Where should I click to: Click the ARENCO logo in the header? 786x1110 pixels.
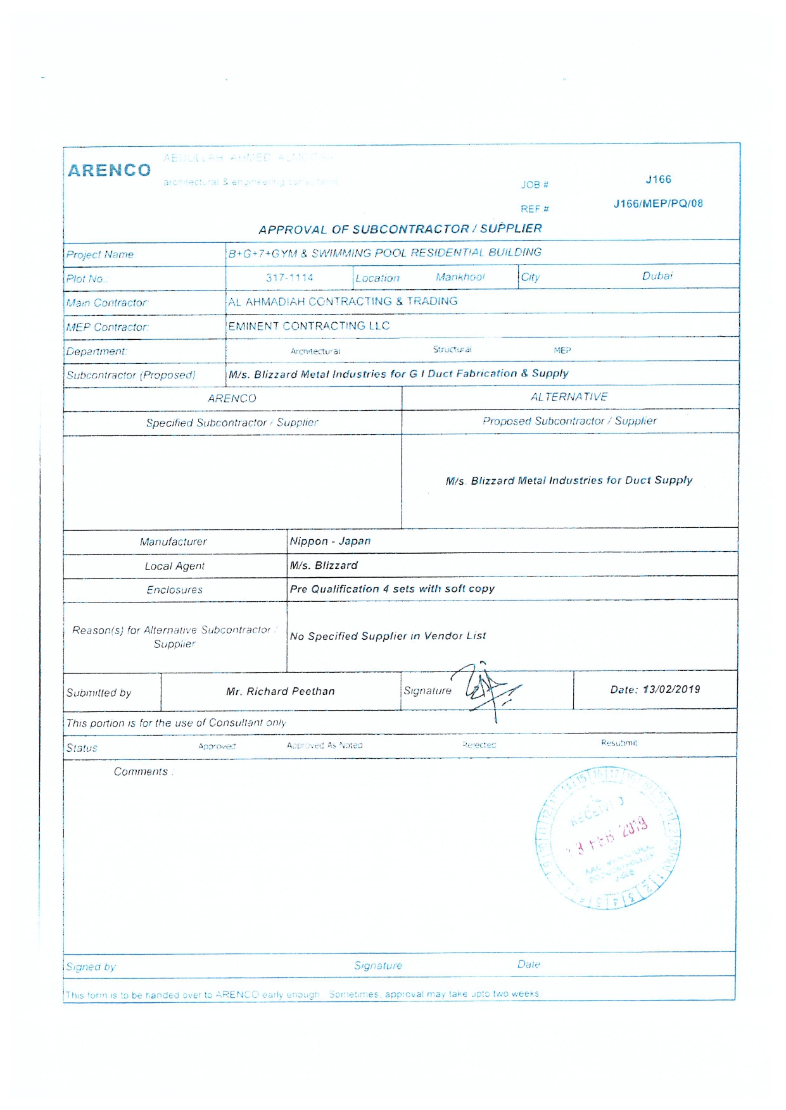(110, 170)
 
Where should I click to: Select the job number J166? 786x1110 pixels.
(658, 180)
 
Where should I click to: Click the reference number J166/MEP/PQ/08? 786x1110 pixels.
(658, 204)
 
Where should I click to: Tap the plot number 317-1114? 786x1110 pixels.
(289, 278)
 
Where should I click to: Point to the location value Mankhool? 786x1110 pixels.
(460, 277)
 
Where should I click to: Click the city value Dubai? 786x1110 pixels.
(657, 276)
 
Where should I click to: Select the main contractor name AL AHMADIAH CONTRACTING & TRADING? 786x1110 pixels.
(343, 302)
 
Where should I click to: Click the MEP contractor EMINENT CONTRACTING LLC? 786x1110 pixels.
(309, 326)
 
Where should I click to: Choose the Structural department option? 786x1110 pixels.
(452, 349)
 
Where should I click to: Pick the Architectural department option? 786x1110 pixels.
(315, 351)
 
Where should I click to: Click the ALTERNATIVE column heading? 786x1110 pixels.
(569, 397)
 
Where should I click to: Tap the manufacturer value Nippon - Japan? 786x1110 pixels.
(330, 541)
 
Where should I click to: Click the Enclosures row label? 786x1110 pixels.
(175, 590)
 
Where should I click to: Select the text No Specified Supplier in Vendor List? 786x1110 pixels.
(388, 636)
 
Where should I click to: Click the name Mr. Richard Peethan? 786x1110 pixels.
(281, 692)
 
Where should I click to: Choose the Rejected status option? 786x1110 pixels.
(479, 745)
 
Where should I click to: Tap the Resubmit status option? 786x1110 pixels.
(619, 743)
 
